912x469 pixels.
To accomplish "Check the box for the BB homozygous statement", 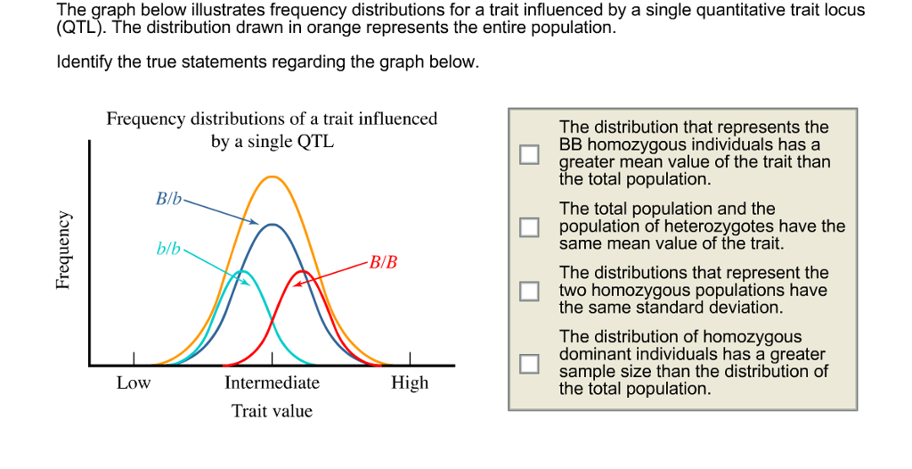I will point(529,154).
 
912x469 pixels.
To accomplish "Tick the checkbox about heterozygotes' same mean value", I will point(529,226).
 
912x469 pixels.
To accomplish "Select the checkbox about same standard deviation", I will point(529,291).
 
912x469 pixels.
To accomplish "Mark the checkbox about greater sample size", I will point(529,363).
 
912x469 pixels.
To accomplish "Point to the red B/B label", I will point(384,262).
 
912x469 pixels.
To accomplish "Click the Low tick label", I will point(134,383).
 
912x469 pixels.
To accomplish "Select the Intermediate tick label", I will point(272,383).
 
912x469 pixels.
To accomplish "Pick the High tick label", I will point(410,383).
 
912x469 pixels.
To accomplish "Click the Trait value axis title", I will point(272,411).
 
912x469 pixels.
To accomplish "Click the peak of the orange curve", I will point(272,177).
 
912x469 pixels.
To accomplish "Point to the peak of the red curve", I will point(303,271).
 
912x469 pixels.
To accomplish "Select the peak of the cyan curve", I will point(241,271).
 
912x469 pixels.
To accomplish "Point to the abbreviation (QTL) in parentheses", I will point(79,28).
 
